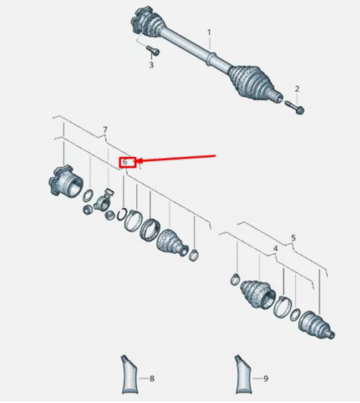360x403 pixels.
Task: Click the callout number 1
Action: [x=209, y=33]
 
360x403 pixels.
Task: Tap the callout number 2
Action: [x=297, y=89]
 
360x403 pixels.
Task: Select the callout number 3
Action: [x=151, y=65]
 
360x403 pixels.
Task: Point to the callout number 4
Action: [x=275, y=248]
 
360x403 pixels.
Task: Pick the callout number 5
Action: [x=294, y=238]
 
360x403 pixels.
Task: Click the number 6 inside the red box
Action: [x=125, y=162]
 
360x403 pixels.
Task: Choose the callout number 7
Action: [x=105, y=130]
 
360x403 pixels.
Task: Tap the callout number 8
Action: [x=152, y=378]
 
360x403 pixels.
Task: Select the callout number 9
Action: [x=266, y=378]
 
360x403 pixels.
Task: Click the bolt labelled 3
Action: [x=153, y=50]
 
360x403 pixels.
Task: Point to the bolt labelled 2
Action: [x=295, y=108]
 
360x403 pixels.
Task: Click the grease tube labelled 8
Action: [x=130, y=374]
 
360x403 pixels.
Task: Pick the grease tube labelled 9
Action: [x=243, y=374]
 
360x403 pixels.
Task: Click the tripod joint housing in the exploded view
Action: [x=66, y=182]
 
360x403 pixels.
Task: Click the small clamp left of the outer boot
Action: [x=235, y=279]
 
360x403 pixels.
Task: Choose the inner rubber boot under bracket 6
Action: [x=172, y=242]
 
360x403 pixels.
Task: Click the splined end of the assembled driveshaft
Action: [x=276, y=97]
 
